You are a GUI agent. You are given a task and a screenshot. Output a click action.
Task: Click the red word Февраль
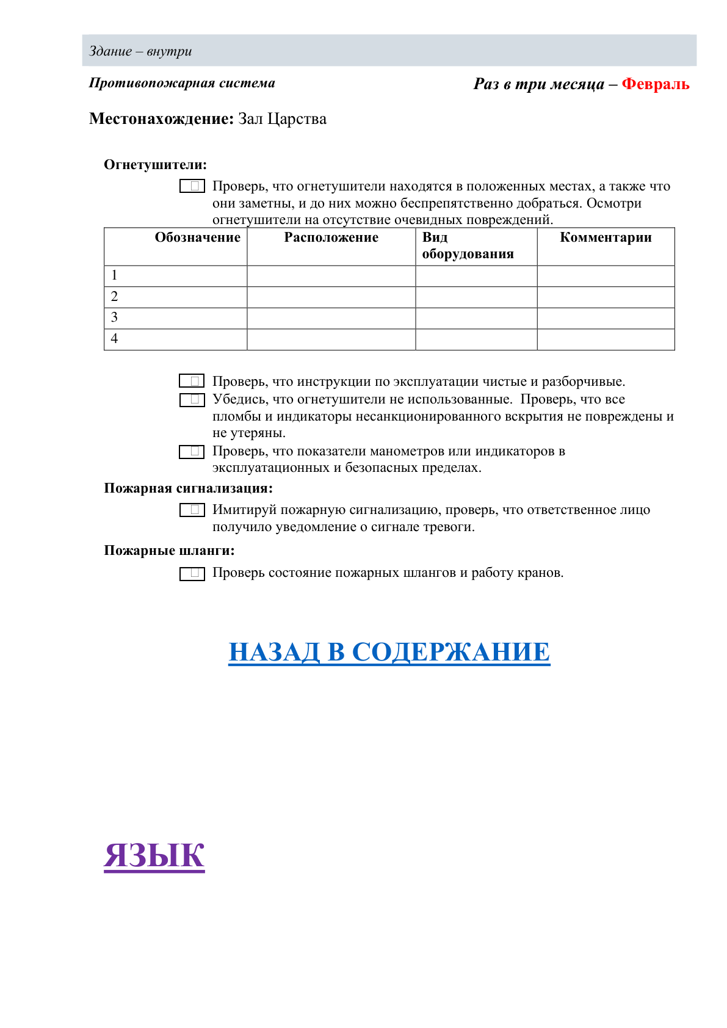point(655,84)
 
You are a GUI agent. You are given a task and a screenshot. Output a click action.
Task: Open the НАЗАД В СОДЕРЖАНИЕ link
point(389,652)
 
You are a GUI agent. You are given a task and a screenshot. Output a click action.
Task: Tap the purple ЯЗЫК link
point(154,855)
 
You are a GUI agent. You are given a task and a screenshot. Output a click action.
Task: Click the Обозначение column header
point(197,238)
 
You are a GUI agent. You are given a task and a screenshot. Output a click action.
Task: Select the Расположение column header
point(331,238)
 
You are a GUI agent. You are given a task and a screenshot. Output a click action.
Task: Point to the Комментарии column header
point(606,238)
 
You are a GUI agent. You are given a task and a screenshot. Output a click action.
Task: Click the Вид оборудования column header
point(468,246)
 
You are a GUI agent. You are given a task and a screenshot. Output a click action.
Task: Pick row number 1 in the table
point(114,276)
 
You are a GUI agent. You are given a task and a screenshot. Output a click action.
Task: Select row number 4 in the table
point(114,339)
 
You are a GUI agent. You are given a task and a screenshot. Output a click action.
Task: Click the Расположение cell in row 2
point(331,297)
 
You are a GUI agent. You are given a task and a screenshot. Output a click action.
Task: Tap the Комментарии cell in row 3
point(606,318)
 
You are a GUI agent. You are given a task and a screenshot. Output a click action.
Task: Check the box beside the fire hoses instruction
point(192,574)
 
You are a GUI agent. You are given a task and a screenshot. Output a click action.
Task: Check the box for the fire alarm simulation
point(192,510)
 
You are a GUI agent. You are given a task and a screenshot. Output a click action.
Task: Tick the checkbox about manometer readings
point(192,452)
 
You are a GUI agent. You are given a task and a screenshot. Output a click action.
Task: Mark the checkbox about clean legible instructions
point(192,382)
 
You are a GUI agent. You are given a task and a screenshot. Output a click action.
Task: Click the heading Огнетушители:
point(155,165)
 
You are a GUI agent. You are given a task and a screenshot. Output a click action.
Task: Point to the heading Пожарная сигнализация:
point(188,488)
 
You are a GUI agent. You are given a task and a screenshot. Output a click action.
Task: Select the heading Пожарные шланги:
point(169,551)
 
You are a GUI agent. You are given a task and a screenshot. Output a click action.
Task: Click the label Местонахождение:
point(161,119)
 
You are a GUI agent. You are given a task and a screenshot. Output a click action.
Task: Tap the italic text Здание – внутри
point(140,51)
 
